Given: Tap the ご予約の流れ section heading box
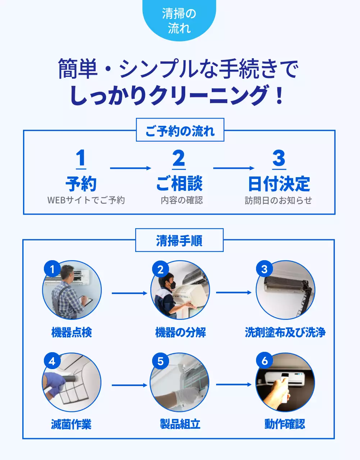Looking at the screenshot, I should (180, 130).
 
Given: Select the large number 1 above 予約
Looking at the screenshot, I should (81, 158).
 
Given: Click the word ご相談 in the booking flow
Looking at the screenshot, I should (179, 184).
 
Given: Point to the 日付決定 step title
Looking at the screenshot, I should (279, 184).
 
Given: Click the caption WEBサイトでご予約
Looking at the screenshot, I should (86, 200).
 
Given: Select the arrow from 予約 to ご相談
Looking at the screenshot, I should (130, 168).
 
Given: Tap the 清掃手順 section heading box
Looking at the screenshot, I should (179, 240).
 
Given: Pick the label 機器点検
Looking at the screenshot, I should (72, 332).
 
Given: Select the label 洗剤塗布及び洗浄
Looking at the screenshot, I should (285, 332).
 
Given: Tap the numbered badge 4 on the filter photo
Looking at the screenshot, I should (52, 361).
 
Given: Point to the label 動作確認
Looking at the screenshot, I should (284, 424).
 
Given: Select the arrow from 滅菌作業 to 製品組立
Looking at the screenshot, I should (129, 385).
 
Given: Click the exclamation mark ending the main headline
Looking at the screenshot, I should (279, 96).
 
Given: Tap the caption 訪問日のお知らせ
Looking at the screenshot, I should (278, 200).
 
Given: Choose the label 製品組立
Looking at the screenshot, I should (180, 424).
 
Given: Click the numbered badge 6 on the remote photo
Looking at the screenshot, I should (265, 361).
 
